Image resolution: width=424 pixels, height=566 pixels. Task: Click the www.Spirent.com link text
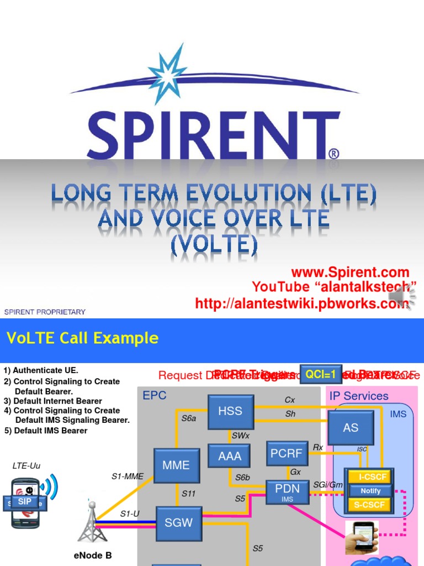tap(350, 272)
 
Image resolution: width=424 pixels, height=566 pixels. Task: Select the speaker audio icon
tap(401, 298)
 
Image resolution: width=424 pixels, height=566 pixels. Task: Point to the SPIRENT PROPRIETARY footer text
tap(45, 312)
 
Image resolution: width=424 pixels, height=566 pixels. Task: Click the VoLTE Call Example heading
tap(82, 338)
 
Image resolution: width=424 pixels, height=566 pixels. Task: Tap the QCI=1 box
tap(321, 374)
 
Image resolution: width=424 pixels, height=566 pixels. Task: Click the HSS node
tap(231, 411)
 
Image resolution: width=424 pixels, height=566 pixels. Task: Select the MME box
tap(176, 465)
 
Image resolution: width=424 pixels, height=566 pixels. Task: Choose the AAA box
tap(229, 457)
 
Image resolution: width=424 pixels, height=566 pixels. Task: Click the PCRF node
tap(287, 453)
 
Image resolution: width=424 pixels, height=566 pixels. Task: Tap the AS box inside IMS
tap(351, 428)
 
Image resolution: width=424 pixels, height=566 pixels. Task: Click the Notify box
tap(370, 491)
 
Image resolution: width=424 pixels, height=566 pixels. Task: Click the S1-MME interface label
tap(128, 475)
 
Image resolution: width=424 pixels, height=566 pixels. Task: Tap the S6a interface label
tap(189, 418)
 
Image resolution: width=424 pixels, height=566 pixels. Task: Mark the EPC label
tap(155, 396)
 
